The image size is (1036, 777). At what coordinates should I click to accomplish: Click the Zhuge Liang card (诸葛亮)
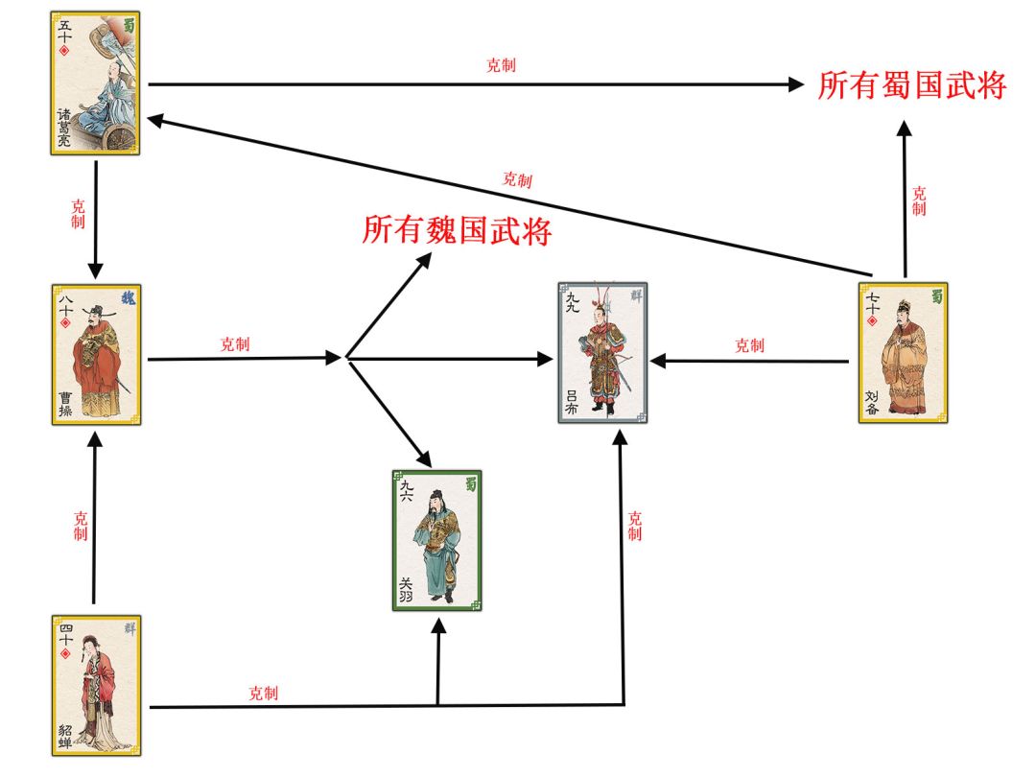[x=95, y=83]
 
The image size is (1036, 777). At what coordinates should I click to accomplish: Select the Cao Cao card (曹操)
[x=97, y=355]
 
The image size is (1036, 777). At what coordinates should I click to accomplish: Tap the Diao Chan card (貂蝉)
[x=97, y=685]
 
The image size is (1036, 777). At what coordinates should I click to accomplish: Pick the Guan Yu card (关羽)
[x=436, y=540]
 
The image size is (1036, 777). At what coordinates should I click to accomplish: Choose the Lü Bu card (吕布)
[x=602, y=353]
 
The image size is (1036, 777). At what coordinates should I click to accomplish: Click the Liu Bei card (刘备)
[x=904, y=353]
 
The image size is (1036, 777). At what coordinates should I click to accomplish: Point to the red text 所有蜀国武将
[x=912, y=85]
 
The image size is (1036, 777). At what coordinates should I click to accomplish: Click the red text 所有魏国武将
[x=457, y=230]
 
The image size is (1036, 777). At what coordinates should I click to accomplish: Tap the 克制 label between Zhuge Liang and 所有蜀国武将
[x=501, y=65]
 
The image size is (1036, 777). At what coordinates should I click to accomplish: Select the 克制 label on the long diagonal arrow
[x=517, y=179]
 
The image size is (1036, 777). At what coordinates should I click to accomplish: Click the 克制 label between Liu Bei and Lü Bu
[x=750, y=345]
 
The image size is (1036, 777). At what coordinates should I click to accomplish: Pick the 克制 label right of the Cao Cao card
[x=235, y=344]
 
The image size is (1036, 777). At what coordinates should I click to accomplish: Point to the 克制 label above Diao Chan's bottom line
[x=263, y=694]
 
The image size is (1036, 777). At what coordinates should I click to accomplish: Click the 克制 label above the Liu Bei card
[x=919, y=201]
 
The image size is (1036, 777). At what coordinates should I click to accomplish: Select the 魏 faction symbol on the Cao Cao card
[x=129, y=297]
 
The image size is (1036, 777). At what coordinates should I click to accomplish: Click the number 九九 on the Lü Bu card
[x=572, y=302]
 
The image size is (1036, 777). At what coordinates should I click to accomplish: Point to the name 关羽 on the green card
[x=406, y=589]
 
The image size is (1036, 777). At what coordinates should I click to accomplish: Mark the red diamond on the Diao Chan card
[x=65, y=653]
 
